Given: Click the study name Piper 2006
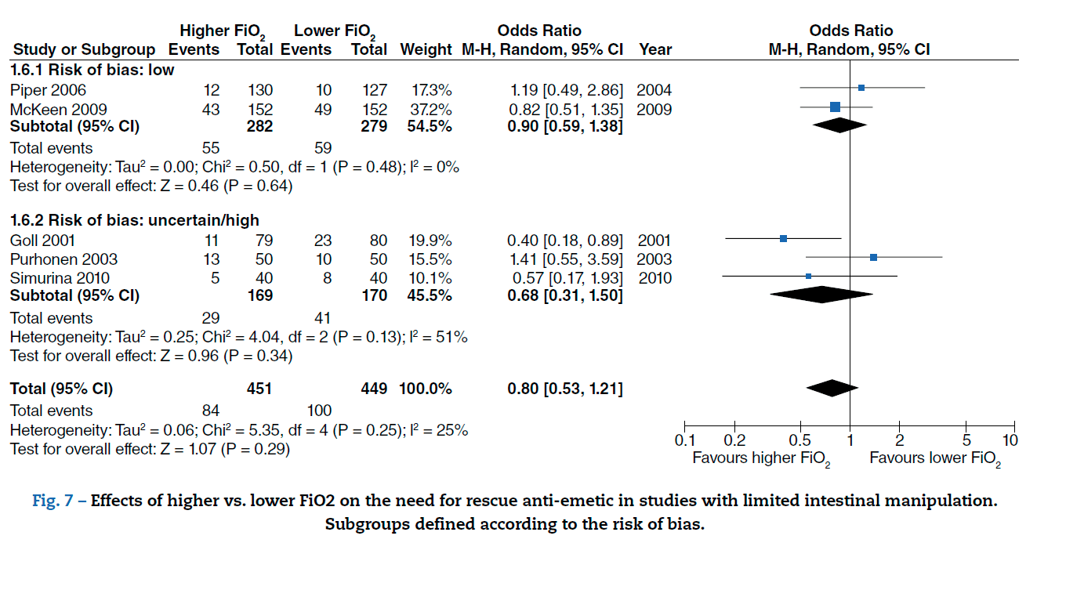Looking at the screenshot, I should point(48,90).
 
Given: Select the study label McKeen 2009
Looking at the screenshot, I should point(58,109).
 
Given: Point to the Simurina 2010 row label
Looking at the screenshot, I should point(60,277).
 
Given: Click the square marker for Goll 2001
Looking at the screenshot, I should point(783,238).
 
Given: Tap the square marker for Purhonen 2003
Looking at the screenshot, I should point(873,257).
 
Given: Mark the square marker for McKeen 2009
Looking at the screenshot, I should point(835,107).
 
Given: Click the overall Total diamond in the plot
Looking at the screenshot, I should point(832,388).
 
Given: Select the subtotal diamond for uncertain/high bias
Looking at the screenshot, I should point(821,295).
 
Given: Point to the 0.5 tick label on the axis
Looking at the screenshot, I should point(799,440).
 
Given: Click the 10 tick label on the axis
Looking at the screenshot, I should point(1010,440).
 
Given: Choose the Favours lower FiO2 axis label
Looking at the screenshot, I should point(935,458).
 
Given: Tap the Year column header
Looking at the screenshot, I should point(655,49).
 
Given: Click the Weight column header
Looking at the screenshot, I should point(426,49).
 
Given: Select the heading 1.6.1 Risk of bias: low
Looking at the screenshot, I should point(92,70).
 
